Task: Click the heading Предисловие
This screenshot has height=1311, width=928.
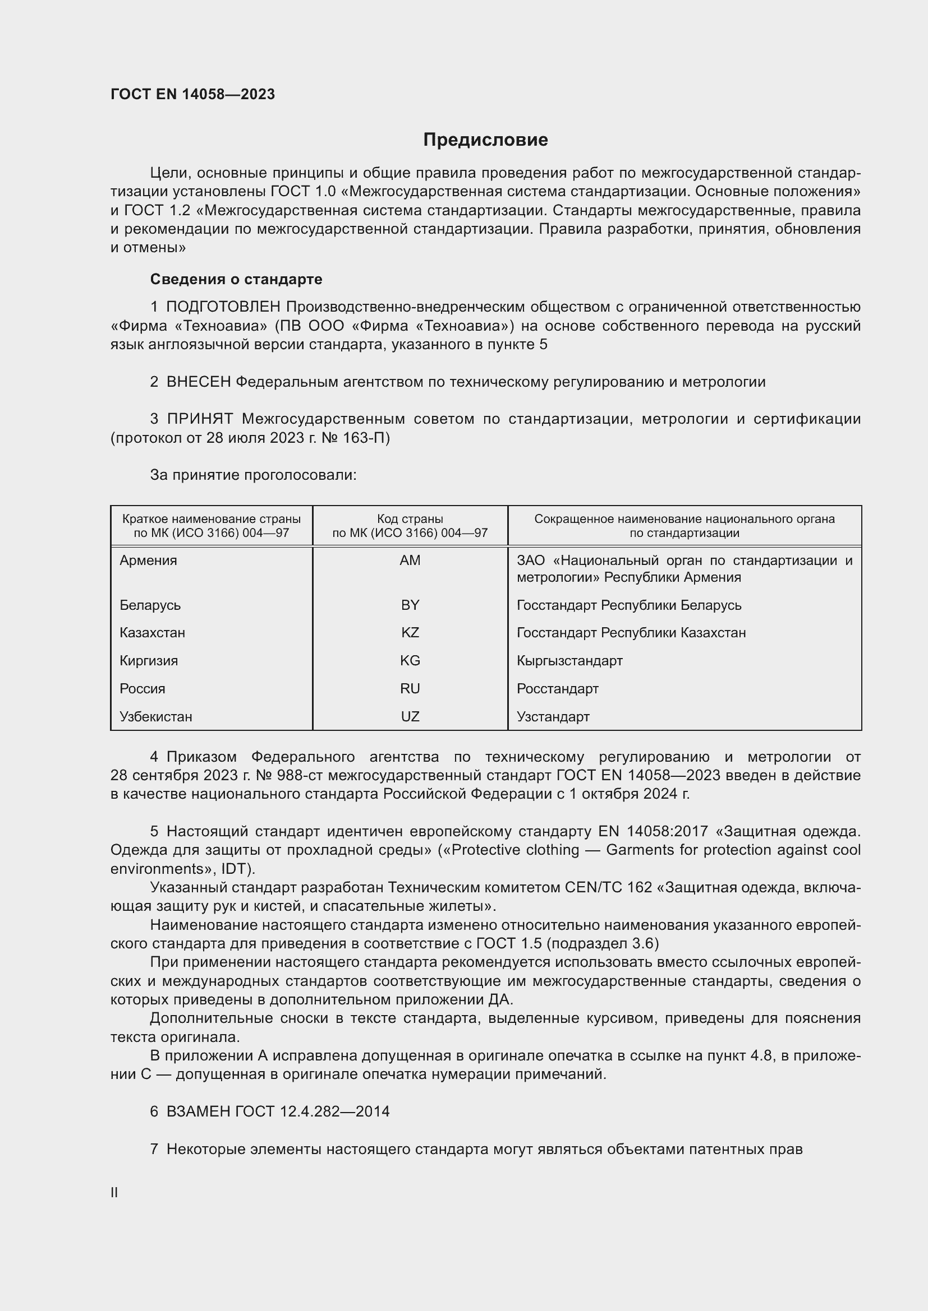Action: (485, 140)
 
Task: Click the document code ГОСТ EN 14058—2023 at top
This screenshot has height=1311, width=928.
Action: (192, 94)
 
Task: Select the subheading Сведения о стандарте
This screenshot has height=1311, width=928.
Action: (236, 279)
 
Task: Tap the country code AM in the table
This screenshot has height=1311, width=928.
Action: (410, 560)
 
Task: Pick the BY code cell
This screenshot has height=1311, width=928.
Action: (410, 605)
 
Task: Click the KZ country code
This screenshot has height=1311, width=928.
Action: (410, 633)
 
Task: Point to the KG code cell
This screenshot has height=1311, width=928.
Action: (410, 661)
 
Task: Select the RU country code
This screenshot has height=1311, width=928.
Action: (410, 689)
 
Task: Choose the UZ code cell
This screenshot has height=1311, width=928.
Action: (410, 717)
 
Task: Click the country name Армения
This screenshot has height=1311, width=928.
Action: (148, 560)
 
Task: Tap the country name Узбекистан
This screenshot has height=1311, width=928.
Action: (155, 717)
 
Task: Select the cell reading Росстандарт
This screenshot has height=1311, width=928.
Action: (557, 689)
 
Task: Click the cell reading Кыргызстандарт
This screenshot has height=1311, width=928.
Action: (569, 661)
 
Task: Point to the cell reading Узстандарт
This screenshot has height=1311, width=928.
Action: (553, 717)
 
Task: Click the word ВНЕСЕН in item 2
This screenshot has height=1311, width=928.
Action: (198, 382)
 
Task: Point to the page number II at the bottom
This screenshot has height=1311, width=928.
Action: (114, 1192)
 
